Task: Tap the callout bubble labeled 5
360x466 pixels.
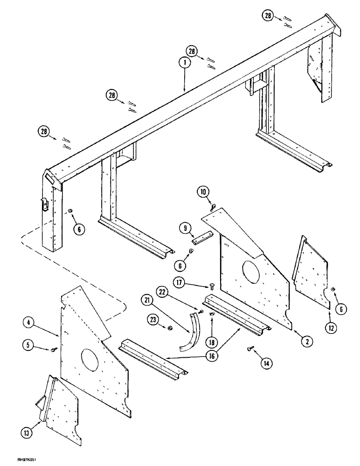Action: coord(29,345)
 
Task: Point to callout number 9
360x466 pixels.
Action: coord(184,228)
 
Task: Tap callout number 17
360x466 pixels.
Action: coord(180,281)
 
